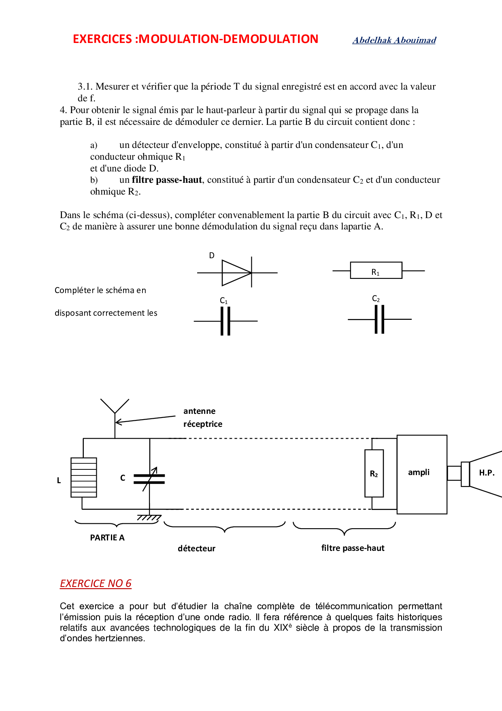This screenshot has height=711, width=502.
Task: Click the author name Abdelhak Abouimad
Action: coord(394,40)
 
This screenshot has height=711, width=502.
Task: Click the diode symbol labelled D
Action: coord(237,272)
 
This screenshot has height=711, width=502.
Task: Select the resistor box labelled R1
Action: coord(376,270)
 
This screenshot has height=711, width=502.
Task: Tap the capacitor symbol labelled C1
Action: coord(225,321)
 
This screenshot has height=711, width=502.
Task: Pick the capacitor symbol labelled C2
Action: coord(379,319)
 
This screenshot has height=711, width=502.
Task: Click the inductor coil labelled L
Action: coord(84,478)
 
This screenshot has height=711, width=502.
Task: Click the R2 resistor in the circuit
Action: coord(374,473)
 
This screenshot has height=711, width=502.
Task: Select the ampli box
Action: coord(422,474)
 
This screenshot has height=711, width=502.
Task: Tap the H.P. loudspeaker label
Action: coord(487,473)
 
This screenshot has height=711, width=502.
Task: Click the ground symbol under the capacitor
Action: coord(149,518)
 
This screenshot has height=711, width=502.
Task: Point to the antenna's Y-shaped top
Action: coord(115,406)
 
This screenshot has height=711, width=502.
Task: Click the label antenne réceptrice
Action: coord(203,418)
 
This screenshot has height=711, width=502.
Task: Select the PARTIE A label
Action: coord(107,538)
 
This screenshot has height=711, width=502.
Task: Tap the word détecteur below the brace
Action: coord(196,548)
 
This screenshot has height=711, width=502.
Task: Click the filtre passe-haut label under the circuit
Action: coord(353,548)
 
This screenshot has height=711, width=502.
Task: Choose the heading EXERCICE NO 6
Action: coord(96,583)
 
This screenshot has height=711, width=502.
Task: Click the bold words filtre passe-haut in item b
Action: coord(167,180)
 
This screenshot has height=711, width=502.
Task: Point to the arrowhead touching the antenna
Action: coord(118,422)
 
